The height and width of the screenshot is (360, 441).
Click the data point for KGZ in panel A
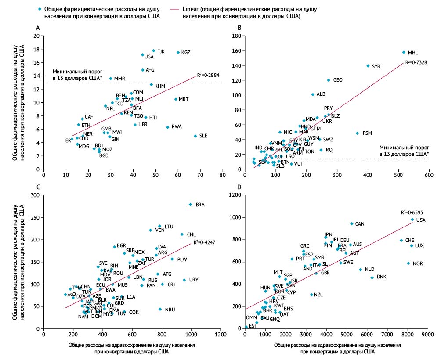[178, 52]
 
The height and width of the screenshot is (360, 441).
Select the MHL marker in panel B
[404, 52]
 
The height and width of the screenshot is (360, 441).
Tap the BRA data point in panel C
[190, 205]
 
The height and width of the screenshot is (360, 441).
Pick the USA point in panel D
[412, 220]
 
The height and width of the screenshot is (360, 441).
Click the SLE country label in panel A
[203, 136]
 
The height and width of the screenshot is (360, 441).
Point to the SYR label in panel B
[376, 66]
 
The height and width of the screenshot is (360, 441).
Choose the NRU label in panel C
[170, 310]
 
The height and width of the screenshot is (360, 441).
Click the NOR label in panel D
[418, 263]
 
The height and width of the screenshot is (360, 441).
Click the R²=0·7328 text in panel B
[415, 63]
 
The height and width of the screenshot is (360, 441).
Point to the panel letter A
[38, 28]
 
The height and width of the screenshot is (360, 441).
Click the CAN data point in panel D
[352, 224]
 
